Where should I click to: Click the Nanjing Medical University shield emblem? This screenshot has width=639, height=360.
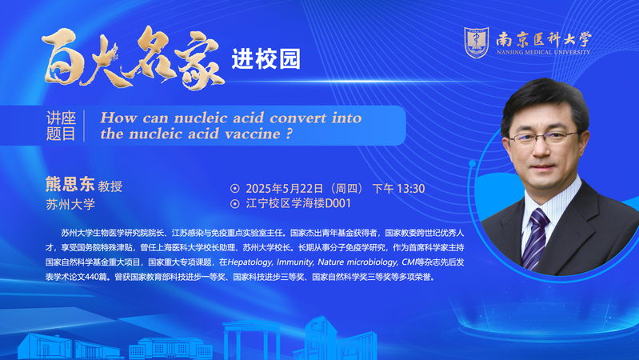pyautogui.click(x=477, y=42)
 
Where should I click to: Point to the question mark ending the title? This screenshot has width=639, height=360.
pyautogui.click(x=290, y=134)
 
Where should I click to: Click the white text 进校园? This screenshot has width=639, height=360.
pyautogui.click(x=266, y=59)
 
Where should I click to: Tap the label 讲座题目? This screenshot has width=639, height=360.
pyautogui.click(x=61, y=126)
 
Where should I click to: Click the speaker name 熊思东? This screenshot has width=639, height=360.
pyautogui.click(x=70, y=184)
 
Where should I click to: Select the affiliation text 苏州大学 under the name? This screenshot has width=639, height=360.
pyautogui.click(x=70, y=204)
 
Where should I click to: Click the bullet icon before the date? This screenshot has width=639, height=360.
pyautogui.click(x=235, y=188)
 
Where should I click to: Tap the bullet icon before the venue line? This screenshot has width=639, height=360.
pyautogui.click(x=235, y=203)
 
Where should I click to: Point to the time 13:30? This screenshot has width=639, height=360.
pyautogui.click(x=411, y=188)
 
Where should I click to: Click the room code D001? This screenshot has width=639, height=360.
pyautogui.click(x=337, y=203)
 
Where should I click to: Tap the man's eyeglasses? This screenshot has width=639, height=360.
pyautogui.click(x=543, y=138)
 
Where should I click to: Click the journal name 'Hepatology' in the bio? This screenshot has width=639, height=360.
pyautogui.click(x=250, y=262)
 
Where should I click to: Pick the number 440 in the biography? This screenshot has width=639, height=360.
pyautogui.click(x=92, y=277)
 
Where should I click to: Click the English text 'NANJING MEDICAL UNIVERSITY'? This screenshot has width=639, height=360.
pyautogui.click(x=543, y=52)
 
